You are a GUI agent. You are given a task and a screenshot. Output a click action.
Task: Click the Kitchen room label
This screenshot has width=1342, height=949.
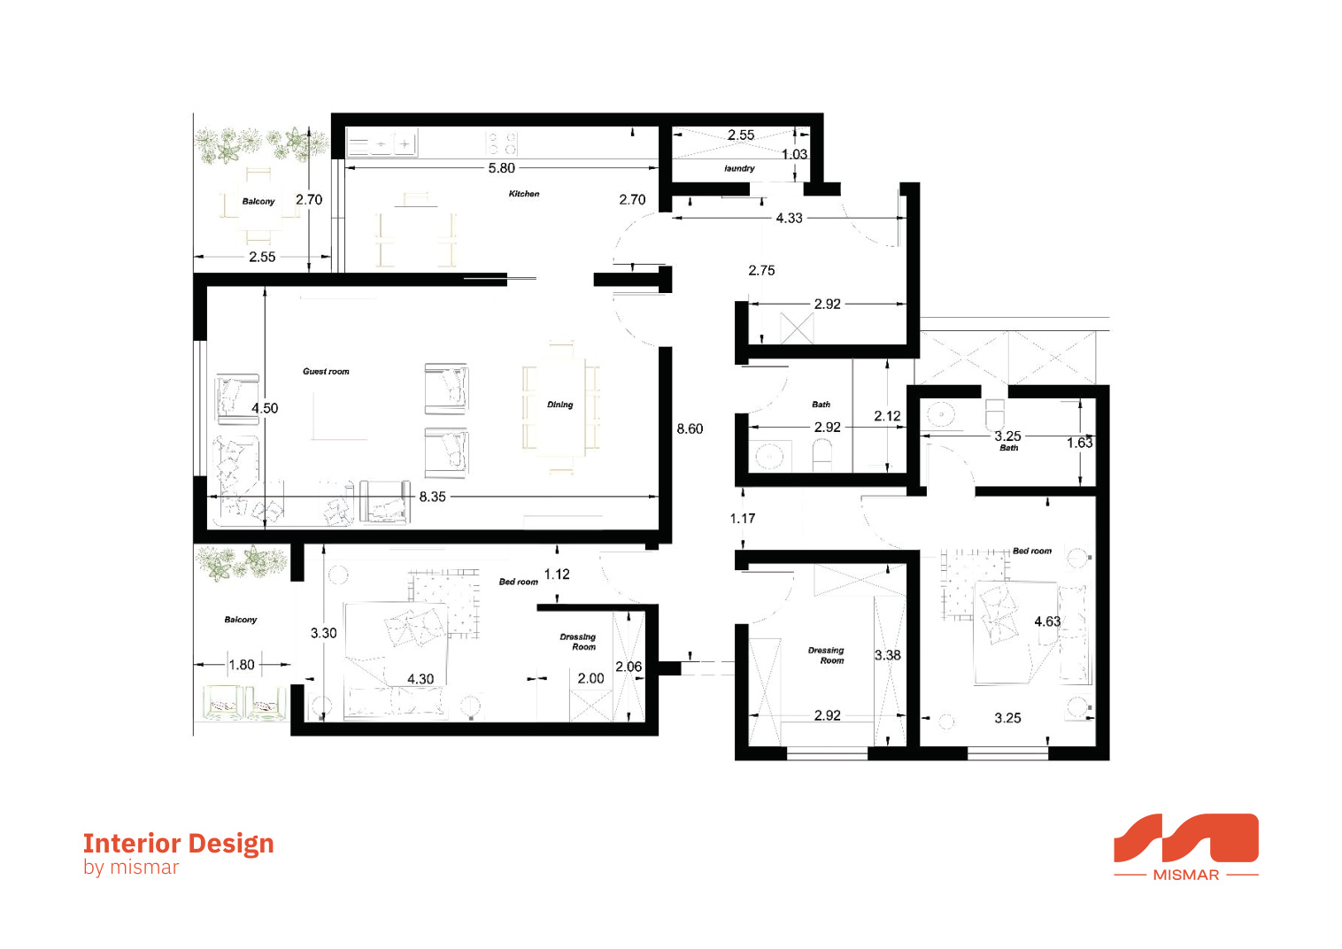(524, 194)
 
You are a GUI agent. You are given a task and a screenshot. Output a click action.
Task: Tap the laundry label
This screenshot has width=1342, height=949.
(738, 168)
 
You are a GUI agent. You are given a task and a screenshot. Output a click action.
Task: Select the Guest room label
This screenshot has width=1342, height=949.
(325, 372)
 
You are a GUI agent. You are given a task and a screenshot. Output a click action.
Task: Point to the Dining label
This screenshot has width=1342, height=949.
(559, 405)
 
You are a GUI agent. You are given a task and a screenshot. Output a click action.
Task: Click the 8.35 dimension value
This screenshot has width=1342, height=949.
(432, 497)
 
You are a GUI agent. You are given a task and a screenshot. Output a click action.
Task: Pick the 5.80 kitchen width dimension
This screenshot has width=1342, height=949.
(501, 168)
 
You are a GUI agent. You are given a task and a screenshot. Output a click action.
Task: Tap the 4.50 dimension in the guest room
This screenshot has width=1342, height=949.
(265, 408)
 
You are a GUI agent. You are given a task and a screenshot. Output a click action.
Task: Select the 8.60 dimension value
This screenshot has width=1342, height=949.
(690, 429)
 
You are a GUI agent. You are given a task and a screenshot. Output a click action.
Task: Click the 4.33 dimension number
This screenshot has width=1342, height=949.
(789, 218)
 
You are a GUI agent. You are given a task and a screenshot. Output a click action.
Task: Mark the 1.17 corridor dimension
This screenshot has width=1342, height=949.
(743, 518)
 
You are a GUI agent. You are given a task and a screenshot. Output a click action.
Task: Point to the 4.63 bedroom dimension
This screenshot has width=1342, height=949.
(1047, 621)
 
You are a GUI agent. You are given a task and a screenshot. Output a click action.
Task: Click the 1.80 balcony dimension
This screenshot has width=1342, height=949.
(242, 665)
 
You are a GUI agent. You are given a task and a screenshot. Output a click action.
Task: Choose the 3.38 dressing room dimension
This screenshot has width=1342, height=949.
(887, 655)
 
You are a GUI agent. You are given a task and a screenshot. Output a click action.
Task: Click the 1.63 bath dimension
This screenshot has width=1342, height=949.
(1079, 443)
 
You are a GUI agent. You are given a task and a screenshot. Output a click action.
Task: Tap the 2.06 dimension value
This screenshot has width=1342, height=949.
(629, 667)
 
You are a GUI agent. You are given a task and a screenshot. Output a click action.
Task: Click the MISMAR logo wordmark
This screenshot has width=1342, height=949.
(1185, 875)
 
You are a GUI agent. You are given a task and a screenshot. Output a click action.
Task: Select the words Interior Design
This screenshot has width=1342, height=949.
(179, 843)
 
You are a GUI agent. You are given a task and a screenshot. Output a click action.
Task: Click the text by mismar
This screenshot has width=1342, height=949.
(131, 867)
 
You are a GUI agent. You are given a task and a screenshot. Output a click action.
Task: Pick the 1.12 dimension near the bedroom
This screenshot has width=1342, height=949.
(557, 575)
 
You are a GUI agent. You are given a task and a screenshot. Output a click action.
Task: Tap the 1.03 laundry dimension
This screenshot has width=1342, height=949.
(794, 155)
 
